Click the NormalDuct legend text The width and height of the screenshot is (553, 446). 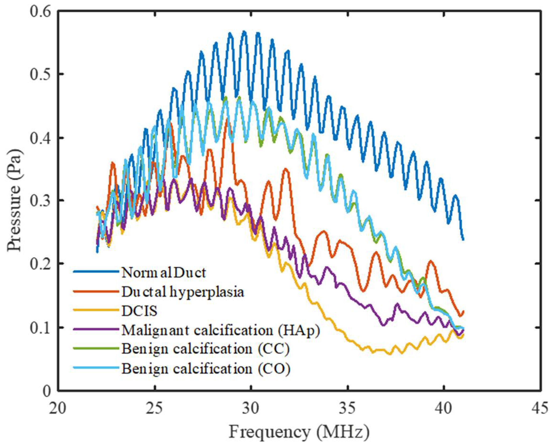pyautogui.click(x=164, y=273)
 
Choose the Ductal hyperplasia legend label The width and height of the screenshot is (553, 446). pyautogui.click(x=183, y=292)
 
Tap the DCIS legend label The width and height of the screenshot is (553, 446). pyautogui.click(x=139, y=311)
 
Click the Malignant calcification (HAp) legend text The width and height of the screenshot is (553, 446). pyautogui.click(x=221, y=330)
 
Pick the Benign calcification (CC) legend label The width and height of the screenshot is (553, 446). pyautogui.click(x=206, y=350)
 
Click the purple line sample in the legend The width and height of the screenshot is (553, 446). pyautogui.click(x=96, y=330)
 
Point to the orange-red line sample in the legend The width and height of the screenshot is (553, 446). pyautogui.click(x=96, y=291)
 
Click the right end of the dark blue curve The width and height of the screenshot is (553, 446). pyautogui.click(x=463, y=240)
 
